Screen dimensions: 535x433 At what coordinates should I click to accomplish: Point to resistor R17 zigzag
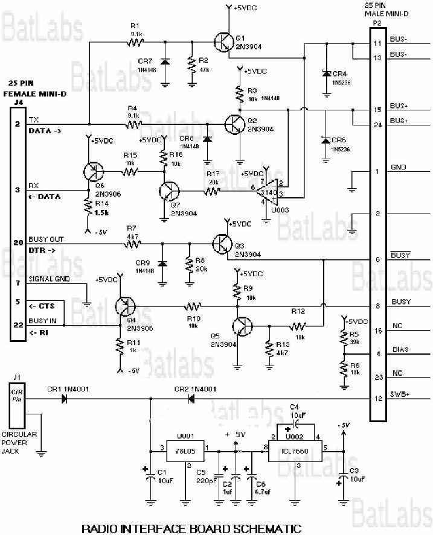pyautogui.click(x=211, y=191)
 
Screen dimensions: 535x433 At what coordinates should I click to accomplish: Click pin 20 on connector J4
pyautogui.click(x=18, y=242)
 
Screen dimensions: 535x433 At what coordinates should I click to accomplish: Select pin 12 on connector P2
pyautogui.click(x=377, y=399)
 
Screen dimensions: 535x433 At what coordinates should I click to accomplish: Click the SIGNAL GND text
pyautogui.click(x=49, y=279)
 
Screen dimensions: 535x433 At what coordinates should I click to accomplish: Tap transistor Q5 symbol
pyautogui.click(x=244, y=326)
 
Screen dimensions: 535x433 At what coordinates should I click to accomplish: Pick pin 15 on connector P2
pyautogui.click(x=377, y=110)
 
